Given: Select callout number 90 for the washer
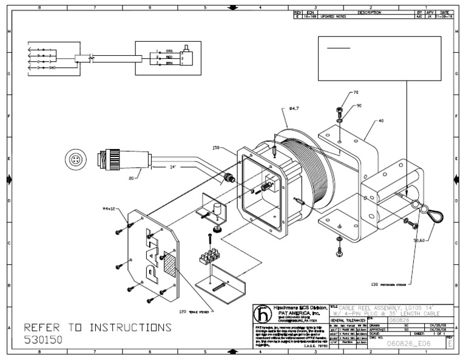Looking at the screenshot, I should point(358,106).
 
